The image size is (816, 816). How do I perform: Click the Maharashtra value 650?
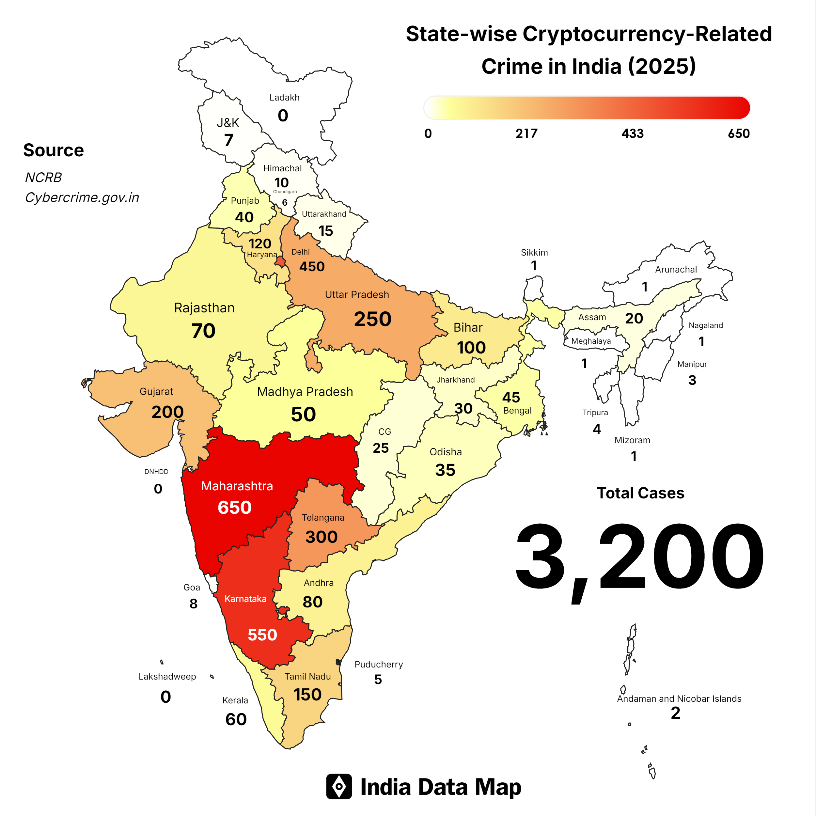tap(234, 507)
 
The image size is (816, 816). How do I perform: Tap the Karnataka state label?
tap(245, 599)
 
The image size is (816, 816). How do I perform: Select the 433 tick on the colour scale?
tap(632, 133)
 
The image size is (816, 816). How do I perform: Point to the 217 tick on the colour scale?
tap(526, 133)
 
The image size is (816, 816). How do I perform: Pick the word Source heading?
tap(54, 150)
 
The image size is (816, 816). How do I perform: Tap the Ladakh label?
tap(284, 98)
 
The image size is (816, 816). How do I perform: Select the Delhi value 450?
tap(312, 267)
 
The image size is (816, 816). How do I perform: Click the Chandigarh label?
tap(285, 192)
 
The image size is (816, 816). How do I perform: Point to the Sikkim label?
tap(534, 253)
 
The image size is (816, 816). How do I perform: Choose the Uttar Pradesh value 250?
tap(372, 319)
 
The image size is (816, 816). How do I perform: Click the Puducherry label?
tap(378, 664)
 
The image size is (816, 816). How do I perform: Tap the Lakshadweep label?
tap(167, 677)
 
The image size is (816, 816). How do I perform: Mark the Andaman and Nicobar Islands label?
tap(679, 698)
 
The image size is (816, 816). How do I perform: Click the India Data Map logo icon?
tap(339, 786)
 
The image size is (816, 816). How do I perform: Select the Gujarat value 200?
tap(168, 412)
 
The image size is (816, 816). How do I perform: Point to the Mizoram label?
tap(632, 440)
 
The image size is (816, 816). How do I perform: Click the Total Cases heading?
tap(640, 493)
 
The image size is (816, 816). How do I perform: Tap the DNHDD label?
tap(156, 471)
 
